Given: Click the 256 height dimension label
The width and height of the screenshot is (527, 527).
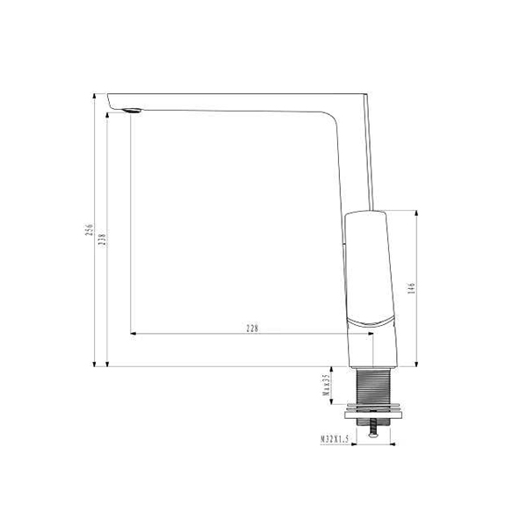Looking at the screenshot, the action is (x=89, y=230).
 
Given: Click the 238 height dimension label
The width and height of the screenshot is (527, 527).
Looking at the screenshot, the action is (x=103, y=241).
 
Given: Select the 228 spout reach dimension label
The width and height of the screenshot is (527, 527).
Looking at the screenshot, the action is (x=252, y=328).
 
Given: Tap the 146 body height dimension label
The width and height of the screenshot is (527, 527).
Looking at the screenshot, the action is (x=411, y=288).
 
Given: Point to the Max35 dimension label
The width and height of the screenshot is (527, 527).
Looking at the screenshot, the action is (x=326, y=386).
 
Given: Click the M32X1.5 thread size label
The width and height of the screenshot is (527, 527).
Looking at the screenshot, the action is (x=335, y=439).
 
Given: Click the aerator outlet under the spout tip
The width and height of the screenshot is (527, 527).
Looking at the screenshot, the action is (x=133, y=111).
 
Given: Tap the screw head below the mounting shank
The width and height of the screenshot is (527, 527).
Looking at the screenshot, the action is (x=372, y=436).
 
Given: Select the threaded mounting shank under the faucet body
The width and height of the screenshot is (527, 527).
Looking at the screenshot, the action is (x=373, y=386).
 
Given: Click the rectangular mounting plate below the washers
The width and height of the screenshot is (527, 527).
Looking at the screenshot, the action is (x=373, y=415).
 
